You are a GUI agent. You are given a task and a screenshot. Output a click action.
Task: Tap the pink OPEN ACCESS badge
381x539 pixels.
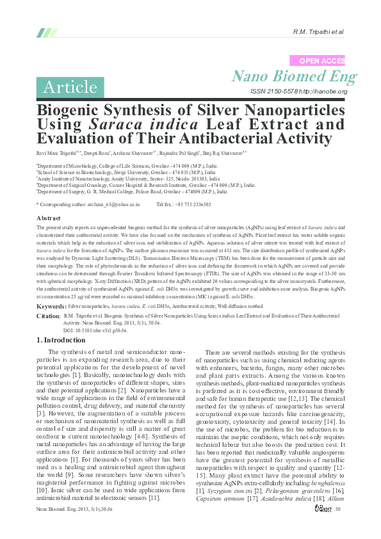pyautogui.click(x=318, y=60)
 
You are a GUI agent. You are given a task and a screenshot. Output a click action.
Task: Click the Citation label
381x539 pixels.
pyautogui.click(x=49, y=316)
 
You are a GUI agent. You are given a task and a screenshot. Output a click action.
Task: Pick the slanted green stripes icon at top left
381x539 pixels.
pyautogui.click(x=47, y=32)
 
